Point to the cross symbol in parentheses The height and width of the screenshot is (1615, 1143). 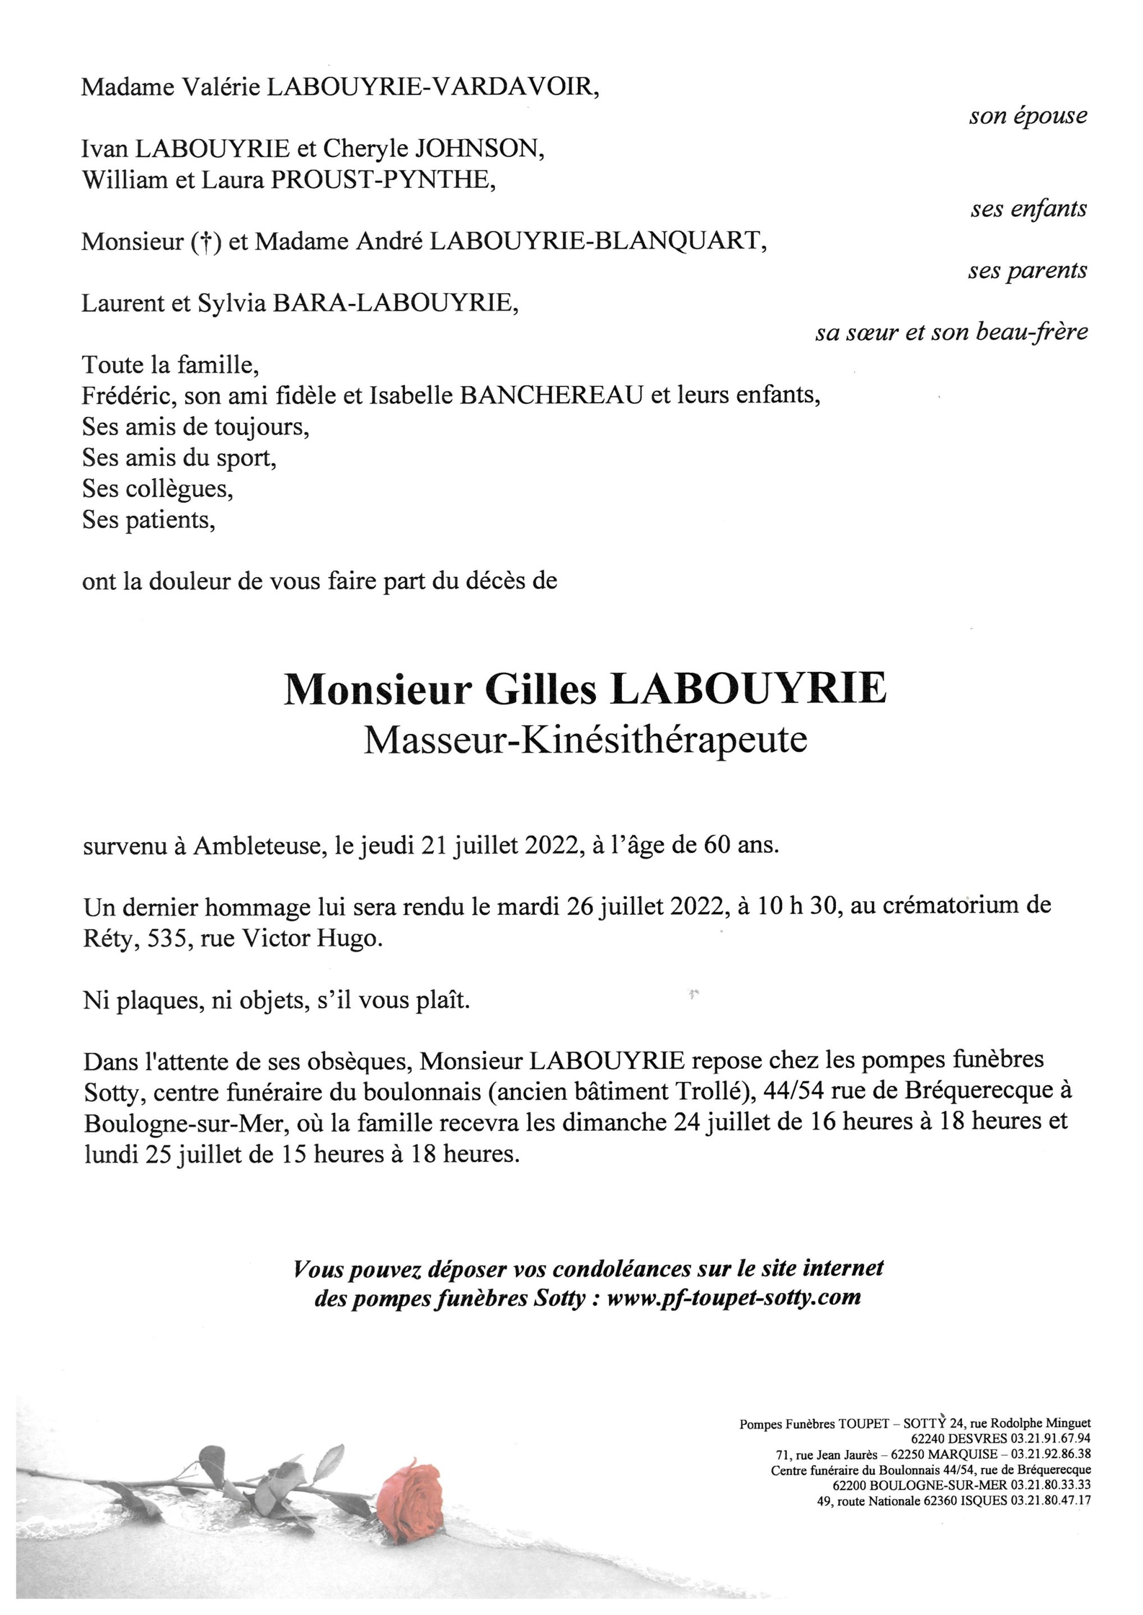[x=202, y=242]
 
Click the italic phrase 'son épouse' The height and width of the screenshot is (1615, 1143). [x=1027, y=117]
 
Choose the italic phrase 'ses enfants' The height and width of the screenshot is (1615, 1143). [x=1029, y=209]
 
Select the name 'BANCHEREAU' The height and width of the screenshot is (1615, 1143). [x=551, y=395]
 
